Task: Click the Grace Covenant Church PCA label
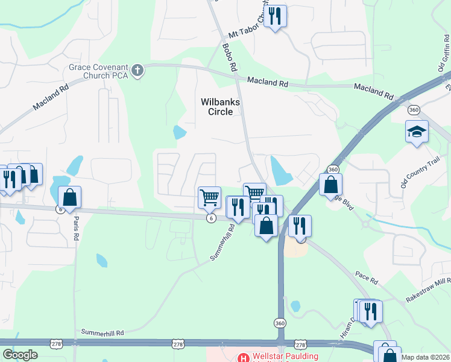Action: click(98, 71)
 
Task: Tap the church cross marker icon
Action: click(137, 71)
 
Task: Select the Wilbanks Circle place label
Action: click(220, 107)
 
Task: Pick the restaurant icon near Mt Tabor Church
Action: click(275, 16)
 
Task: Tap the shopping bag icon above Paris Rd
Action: click(69, 197)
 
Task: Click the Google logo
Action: click(20, 355)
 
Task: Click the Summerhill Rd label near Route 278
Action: click(102, 332)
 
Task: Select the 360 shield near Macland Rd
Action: click(414, 110)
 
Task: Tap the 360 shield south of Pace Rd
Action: click(280, 323)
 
